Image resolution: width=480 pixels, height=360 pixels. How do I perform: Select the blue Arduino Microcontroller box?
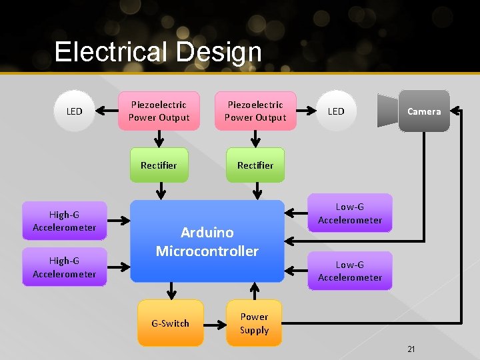pos(207,241)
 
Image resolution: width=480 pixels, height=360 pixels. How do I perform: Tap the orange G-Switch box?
pos(170,323)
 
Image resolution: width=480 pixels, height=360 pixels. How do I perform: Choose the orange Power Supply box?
pos(254,323)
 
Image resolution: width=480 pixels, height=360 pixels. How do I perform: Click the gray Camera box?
pos(424,111)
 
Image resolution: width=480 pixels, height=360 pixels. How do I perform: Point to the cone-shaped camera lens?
pos(387,111)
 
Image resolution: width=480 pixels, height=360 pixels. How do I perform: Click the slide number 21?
pos(411,349)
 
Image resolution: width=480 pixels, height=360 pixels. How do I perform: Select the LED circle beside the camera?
pos(336,111)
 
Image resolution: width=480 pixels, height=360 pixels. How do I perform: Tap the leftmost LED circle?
pos(75,111)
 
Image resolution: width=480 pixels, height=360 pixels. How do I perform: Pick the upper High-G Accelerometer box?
pos(64,221)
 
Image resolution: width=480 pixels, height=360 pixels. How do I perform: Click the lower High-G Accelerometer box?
pos(64,267)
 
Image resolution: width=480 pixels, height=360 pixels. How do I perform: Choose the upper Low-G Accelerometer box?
pos(350,213)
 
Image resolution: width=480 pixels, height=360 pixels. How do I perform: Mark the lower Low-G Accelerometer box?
pos(350,271)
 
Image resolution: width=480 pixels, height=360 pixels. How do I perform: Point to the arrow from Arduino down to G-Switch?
pos(172,291)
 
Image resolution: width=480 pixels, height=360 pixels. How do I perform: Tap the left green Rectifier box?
pos(159,165)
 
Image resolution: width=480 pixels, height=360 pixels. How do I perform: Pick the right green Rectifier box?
pos(255,165)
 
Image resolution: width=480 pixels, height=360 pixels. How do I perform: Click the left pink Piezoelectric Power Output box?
pos(159,111)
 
